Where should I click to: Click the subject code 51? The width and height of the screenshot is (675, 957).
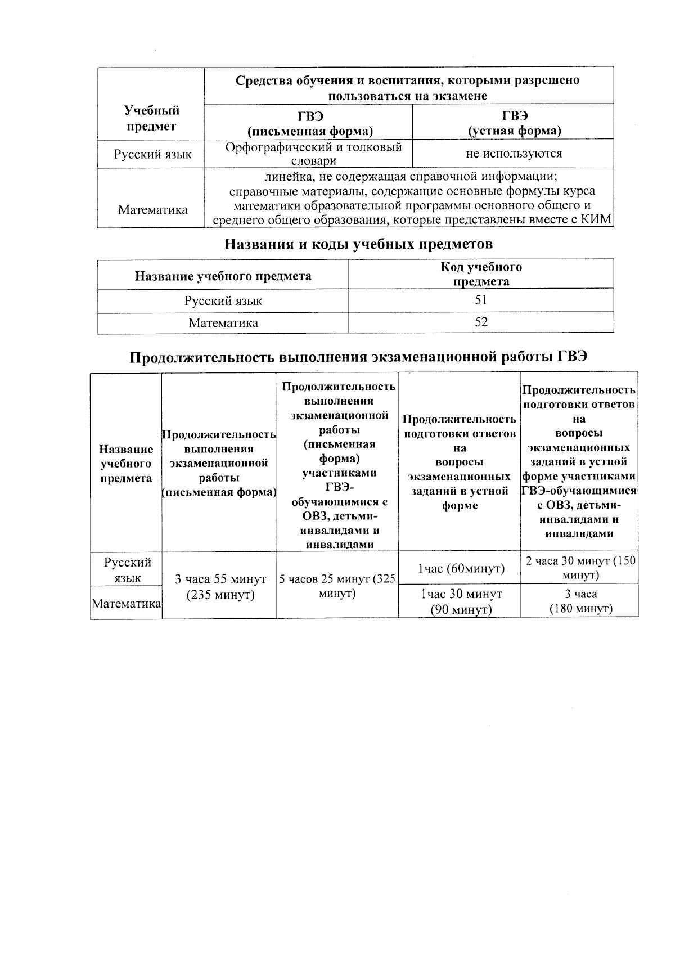point(480,300)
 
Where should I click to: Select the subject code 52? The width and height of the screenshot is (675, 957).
point(480,322)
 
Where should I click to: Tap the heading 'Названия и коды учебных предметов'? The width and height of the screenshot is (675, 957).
point(358,244)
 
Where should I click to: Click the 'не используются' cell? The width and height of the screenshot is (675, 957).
point(513,153)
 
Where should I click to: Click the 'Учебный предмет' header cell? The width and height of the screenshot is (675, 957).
point(151,118)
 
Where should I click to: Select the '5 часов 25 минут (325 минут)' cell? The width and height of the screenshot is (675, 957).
point(337,586)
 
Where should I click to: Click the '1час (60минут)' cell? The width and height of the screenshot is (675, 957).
point(461,569)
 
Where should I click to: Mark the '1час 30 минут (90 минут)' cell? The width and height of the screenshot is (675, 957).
point(461,601)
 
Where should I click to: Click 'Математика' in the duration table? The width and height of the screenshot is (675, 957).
point(127,604)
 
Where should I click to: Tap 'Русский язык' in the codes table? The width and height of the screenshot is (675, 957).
point(223,301)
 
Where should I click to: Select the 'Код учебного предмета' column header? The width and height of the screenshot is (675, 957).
point(481,274)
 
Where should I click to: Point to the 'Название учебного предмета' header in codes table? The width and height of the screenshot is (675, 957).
point(223,276)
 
